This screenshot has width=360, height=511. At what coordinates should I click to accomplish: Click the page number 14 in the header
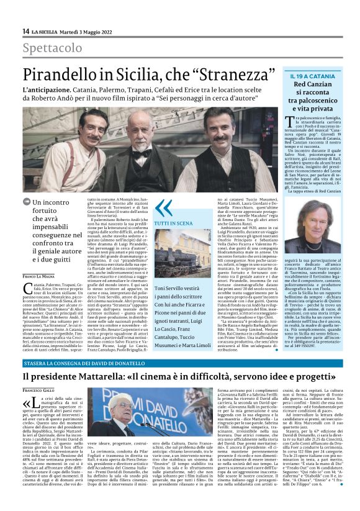(25, 32)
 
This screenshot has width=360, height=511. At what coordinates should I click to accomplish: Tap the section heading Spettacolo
(52, 48)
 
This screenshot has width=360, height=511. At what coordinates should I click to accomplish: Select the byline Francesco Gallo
(39, 389)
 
